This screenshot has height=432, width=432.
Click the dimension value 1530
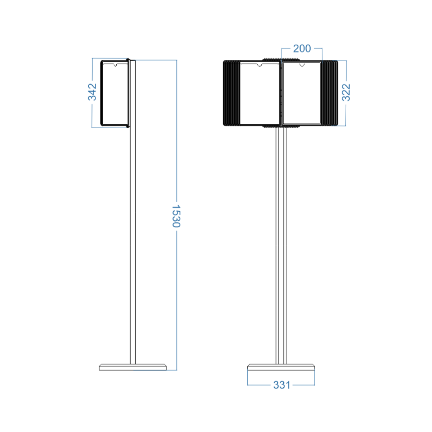tap(176, 216)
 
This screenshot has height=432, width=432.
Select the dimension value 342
tap(92, 92)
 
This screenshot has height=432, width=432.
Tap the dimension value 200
tap(302, 49)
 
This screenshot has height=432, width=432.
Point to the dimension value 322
tap(346, 93)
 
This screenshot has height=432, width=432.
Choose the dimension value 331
tap(282, 385)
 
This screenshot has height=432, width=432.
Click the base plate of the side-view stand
tap(133, 367)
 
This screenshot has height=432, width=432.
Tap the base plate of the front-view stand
tap(281, 367)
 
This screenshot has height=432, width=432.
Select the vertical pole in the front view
tap(281, 246)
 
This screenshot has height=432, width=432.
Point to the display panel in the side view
tap(115, 93)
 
